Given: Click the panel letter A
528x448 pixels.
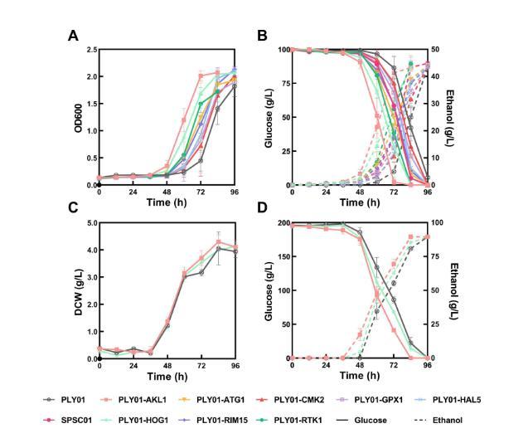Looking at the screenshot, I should [x=72, y=37].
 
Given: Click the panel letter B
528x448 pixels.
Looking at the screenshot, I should [x=262, y=37].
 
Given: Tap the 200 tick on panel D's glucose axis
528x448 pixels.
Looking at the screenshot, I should [x=279, y=223].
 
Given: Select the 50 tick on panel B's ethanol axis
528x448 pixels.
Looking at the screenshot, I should [x=438, y=50].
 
